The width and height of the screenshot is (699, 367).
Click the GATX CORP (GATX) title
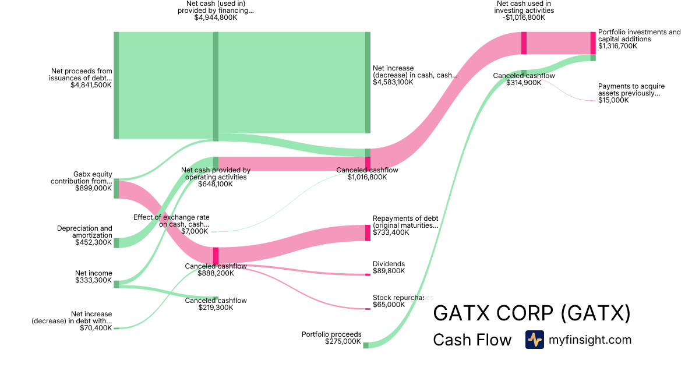(x=532, y=313)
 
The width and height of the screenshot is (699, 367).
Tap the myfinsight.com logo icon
(x=534, y=340)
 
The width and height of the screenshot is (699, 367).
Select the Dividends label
(x=389, y=264)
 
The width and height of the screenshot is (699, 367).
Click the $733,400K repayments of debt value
(x=391, y=232)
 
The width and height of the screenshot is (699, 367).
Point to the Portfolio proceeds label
(x=331, y=334)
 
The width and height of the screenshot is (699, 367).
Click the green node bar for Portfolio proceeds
(x=366, y=345)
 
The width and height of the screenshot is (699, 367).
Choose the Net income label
(x=94, y=273)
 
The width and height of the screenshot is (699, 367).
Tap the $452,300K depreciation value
(x=93, y=242)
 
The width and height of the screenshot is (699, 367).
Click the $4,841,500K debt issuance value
(x=91, y=85)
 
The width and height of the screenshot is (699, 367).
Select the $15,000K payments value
(x=613, y=100)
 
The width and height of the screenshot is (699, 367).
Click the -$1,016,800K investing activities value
(x=524, y=17)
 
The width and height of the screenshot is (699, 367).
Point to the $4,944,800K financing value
(x=216, y=17)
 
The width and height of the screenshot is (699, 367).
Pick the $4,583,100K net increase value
(x=393, y=82)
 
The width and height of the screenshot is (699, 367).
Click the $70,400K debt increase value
(x=96, y=328)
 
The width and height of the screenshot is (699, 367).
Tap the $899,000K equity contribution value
(x=93, y=188)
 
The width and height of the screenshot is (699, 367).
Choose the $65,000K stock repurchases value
(x=389, y=305)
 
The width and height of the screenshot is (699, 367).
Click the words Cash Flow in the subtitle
(x=472, y=340)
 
